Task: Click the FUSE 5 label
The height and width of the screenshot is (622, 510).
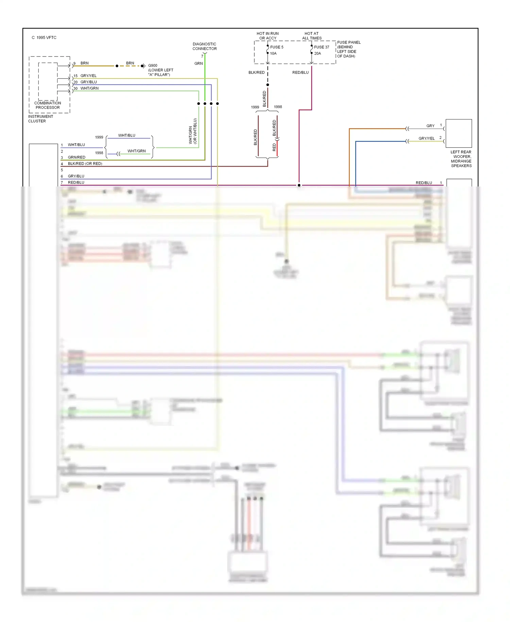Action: coord(276,47)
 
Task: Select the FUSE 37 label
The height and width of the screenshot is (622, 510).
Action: coord(321,47)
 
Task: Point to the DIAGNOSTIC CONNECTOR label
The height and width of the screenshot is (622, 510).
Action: coord(204,46)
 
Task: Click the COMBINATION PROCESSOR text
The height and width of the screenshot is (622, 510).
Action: coord(48,105)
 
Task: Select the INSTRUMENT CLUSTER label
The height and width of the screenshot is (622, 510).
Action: coord(40,119)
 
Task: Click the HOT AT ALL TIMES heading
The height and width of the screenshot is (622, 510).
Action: coord(311,36)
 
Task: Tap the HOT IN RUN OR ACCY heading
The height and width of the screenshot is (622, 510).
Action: coord(268,36)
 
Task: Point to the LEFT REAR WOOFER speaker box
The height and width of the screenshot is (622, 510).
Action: coord(458,133)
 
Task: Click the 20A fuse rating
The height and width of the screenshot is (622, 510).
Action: coord(317,53)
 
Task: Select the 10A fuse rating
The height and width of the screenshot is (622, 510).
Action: coord(273,53)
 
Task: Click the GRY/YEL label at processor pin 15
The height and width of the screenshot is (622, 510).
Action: coord(88,76)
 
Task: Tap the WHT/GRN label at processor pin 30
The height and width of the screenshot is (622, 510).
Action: coord(89,88)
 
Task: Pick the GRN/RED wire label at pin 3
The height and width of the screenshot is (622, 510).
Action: coord(76,158)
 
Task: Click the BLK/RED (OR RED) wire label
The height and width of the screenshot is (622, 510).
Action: coord(85,164)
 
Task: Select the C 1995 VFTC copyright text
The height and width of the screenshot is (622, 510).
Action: coord(44,38)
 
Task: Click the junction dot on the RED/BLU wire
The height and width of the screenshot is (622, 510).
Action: coord(299,185)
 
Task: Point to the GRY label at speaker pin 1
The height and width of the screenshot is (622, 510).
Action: coord(430,126)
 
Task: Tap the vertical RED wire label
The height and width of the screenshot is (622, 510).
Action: coord(274,147)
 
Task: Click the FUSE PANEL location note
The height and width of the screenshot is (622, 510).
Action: coord(348,49)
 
